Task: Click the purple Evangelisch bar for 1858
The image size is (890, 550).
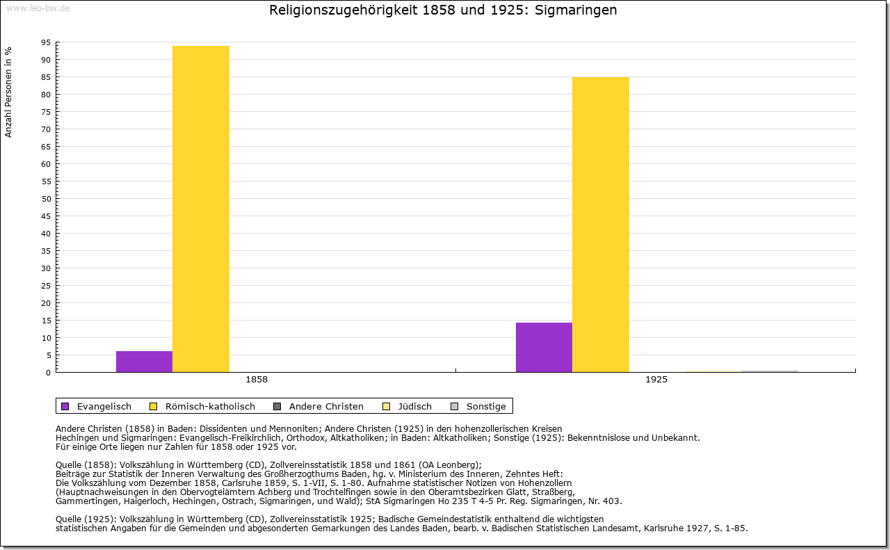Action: click(144, 362)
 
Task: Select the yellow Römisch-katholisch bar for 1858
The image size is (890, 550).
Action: click(201, 209)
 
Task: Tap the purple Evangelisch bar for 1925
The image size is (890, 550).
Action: click(544, 347)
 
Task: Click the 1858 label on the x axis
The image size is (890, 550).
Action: click(257, 380)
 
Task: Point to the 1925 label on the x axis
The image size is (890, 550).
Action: click(656, 380)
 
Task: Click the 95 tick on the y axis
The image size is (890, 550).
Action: click(46, 42)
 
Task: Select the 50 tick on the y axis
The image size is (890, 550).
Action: click(46, 199)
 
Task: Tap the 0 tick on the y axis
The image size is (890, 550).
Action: click(48, 373)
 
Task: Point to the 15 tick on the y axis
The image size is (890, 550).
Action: click(46, 321)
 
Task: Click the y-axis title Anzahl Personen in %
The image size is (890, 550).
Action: click(9, 92)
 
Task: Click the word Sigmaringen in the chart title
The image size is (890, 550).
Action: click(576, 10)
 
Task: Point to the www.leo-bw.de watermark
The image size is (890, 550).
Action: click(37, 8)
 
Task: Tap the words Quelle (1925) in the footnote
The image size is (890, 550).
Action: click(86, 519)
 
